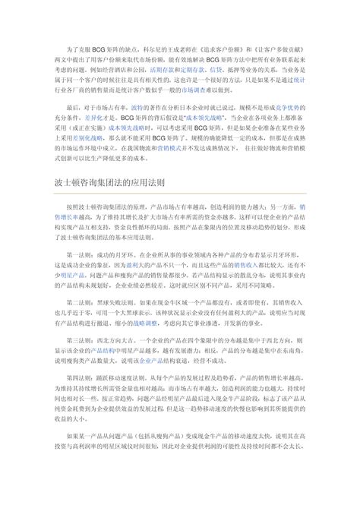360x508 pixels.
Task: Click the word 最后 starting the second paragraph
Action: click(x=74, y=109)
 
